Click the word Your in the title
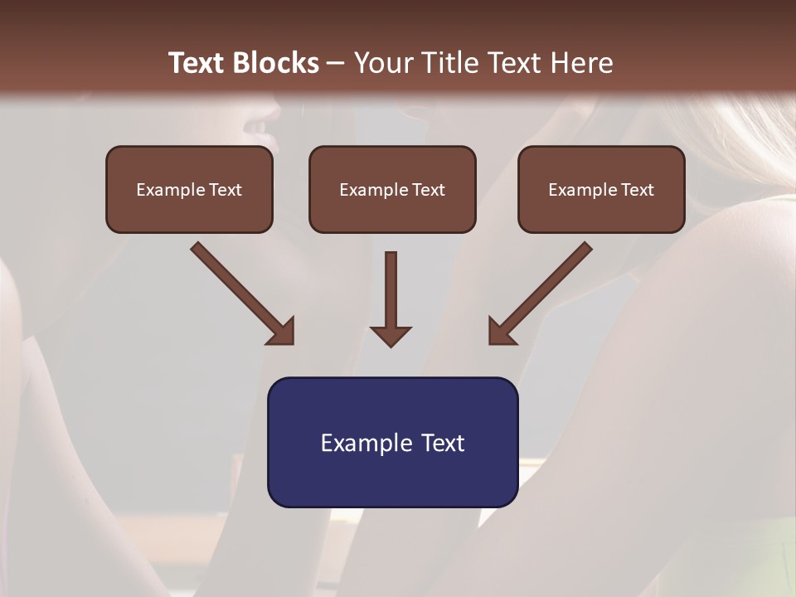(384, 62)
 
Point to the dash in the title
(336, 63)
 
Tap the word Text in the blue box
(443, 443)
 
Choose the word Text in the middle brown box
(429, 190)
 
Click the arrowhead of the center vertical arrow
(391, 336)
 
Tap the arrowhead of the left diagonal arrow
(282, 332)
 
